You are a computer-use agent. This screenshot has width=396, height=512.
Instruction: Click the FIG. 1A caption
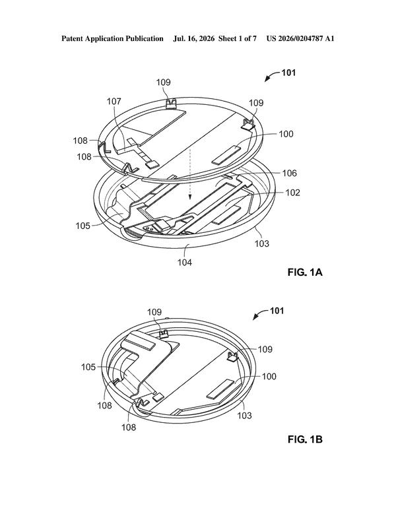point(305,272)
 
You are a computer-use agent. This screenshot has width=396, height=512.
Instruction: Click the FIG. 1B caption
point(305,439)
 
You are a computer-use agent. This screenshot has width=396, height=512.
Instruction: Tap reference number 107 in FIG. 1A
point(114,101)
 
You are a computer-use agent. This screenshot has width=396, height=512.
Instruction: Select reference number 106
point(290,173)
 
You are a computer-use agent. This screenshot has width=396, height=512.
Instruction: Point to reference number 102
point(292,192)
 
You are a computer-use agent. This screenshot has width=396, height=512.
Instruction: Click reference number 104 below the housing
point(185,262)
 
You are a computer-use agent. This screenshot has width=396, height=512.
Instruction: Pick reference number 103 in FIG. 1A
point(262,243)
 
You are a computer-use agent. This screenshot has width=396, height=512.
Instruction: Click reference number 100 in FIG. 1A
point(286,133)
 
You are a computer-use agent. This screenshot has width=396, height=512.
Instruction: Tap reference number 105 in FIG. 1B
point(88,367)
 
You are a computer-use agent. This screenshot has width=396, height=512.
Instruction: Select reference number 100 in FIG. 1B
point(269,376)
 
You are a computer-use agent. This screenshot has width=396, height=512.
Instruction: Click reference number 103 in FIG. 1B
point(244,416)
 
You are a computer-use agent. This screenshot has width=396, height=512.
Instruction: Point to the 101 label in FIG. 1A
point(288,73)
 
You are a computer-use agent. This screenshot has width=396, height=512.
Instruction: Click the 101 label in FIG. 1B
point(277,311)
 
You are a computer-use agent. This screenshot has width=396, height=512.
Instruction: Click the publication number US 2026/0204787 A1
point(300,38)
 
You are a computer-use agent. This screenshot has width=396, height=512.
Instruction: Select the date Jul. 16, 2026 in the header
point(194,38)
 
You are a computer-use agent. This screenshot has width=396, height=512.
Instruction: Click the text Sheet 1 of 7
point(237,38)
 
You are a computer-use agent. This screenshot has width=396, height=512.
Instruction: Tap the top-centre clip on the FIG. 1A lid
point(171,104)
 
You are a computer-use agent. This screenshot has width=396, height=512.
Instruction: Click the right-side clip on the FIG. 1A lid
point(249,124)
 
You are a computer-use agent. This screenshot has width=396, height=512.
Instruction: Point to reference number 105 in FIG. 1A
point(82,226)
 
